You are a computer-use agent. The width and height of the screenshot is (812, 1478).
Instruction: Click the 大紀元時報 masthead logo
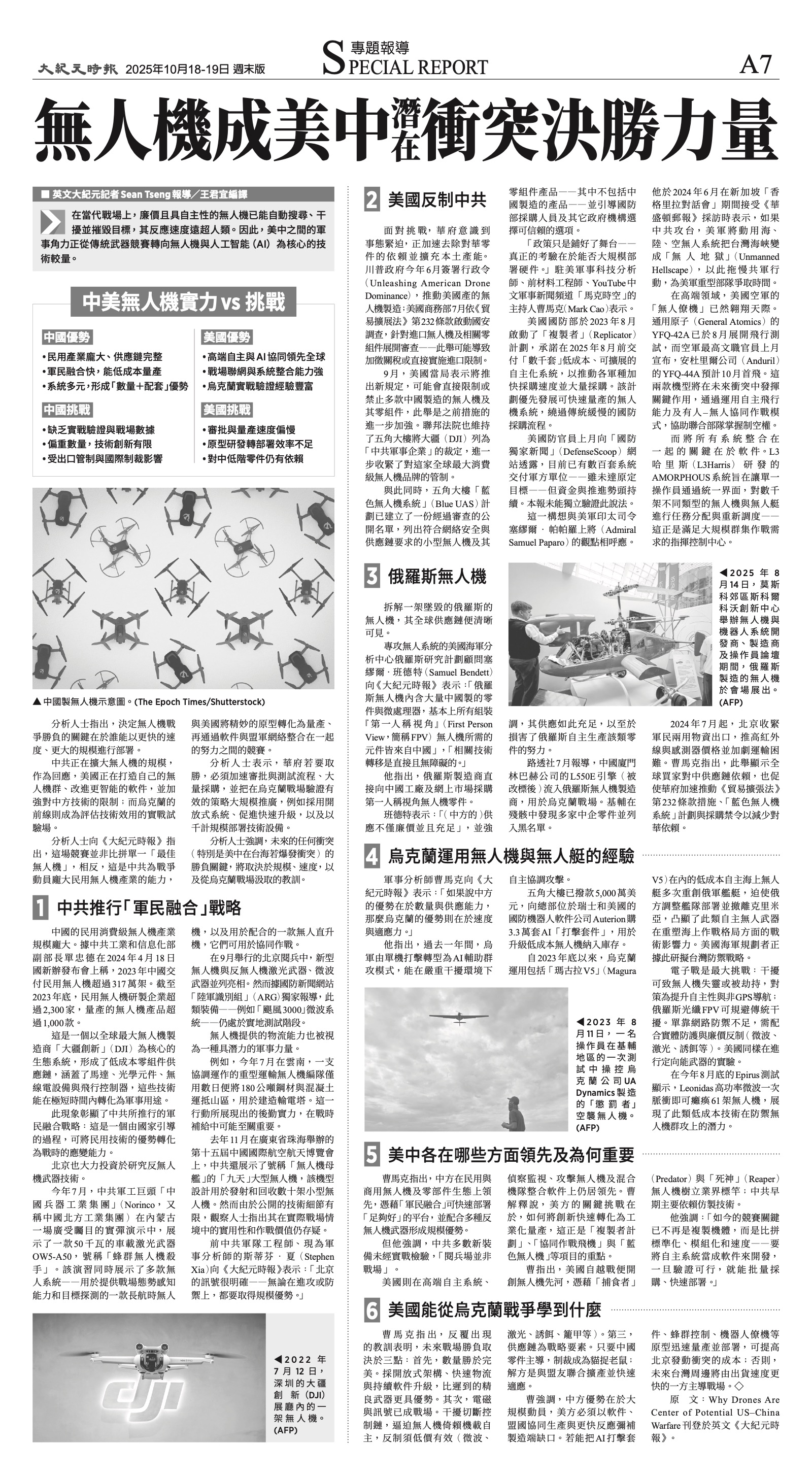[78, 69]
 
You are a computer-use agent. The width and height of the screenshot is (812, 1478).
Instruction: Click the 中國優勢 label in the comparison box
[66, 338]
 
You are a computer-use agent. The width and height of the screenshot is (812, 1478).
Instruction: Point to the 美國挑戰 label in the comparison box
[227, 410]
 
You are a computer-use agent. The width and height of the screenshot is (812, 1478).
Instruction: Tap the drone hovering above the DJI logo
[149, 1359]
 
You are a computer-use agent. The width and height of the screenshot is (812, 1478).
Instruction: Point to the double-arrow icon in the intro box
[52, 222]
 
